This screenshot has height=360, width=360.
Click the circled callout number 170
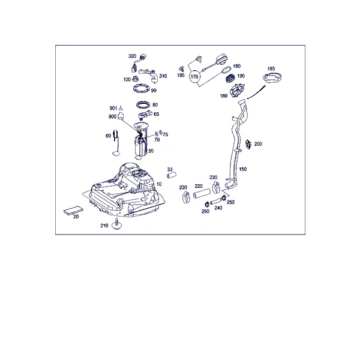point(194,76)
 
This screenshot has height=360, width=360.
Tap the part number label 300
point(132,56)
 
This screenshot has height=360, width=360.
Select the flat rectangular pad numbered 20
point(73,210)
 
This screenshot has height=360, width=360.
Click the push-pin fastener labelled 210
point(116,224)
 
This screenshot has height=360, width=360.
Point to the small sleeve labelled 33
point(171,175)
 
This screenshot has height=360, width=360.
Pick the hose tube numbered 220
point(202,193)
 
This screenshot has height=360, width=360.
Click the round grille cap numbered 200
point(248,144)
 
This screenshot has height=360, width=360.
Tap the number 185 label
point(271,68)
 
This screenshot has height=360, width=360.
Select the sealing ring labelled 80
point(143,104)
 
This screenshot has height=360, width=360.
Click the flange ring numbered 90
point(141,89)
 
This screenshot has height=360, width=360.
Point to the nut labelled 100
point(136,79)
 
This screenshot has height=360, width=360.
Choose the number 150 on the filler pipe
point(242,169)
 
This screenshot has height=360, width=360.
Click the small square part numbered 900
point(121,116)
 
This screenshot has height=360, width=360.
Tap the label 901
point(113,108)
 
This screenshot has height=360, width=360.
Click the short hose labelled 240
point(215,202)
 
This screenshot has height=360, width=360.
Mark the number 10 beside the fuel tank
point(159,184)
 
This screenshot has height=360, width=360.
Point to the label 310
point(163,76)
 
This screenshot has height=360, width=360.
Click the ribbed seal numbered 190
point(230,78)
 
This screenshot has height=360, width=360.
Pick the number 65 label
point(156,114)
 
